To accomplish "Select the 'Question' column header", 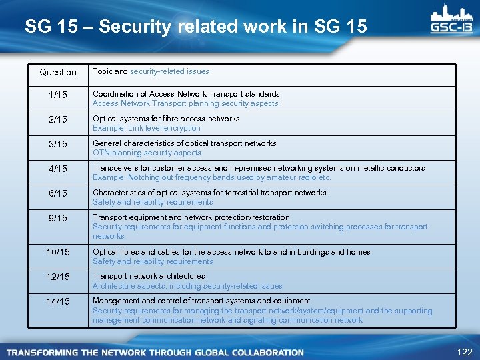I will coord(58,72).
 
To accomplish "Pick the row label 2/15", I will coord(58,119).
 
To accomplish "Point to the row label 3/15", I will coord(58,144).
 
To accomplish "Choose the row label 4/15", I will coord(58,169).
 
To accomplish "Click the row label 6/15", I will coord(58,193).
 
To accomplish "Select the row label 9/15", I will coord(58,218).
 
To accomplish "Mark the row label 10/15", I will coord(58,252).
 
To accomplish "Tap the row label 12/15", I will coord(58,277).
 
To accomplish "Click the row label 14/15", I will coord(58,301).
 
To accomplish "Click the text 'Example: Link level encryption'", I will coord(146,128).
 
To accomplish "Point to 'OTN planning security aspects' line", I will coord(147,153).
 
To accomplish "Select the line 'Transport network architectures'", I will coord(149,276).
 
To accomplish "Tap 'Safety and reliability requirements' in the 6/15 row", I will coord(153,202).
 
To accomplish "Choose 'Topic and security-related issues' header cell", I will coord(151,71).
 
